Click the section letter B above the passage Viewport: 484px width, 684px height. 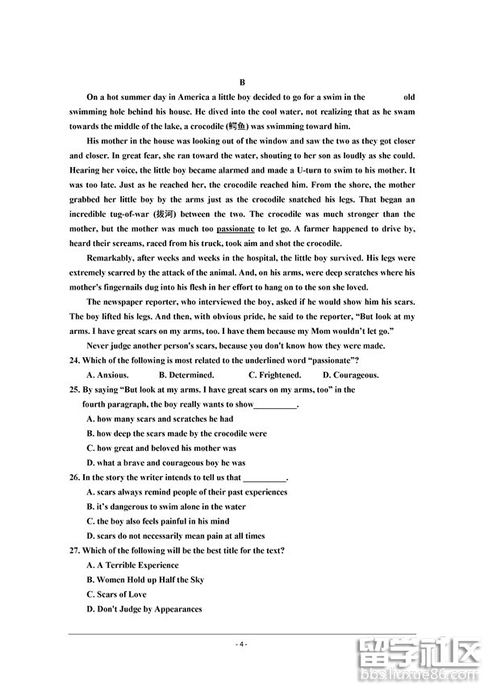point(242,82)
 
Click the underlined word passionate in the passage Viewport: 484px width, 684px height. point(236,229)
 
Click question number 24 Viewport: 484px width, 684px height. point(76,360)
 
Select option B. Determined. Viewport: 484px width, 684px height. point(186,374)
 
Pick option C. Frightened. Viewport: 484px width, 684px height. point(274,374)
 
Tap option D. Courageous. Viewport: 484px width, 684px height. point(351,374)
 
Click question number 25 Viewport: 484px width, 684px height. point(76,390)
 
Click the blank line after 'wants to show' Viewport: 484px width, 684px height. point(276,405)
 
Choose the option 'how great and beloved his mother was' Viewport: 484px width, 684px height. point(161,448)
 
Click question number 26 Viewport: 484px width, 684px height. point(76,478)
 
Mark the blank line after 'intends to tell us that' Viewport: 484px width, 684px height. point(265,478)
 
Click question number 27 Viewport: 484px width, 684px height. point(76,551)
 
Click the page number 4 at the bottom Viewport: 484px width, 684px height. point(241,644)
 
